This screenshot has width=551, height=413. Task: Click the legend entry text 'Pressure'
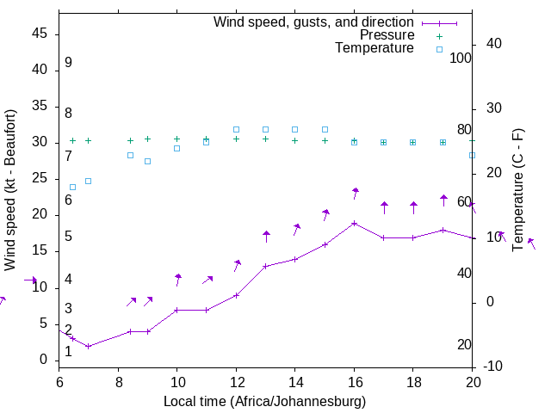point(387,35)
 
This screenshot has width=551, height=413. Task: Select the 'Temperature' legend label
point(375,48)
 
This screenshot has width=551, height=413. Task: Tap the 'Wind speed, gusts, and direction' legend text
point(313,22)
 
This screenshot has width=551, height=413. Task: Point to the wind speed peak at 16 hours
point(354,223)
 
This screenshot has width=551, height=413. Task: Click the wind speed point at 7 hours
point(88,346)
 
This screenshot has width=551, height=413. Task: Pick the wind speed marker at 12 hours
point(236,295)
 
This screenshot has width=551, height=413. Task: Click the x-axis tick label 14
point(294,381)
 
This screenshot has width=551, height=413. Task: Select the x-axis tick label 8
point(118,381)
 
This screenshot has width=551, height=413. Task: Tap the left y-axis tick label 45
point(40,33)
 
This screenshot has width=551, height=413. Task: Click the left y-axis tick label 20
point(40,214)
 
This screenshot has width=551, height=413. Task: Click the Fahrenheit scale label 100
point(461,58)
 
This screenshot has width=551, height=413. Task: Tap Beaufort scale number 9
point(68,63)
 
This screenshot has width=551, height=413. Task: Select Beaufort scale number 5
point(68,237)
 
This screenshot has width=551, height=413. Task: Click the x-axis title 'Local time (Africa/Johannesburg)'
point(264,401)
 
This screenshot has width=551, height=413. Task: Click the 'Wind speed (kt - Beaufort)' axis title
point(11,190)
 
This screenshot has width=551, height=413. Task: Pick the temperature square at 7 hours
point(88,181)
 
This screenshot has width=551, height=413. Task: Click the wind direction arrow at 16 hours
point(355,193)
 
